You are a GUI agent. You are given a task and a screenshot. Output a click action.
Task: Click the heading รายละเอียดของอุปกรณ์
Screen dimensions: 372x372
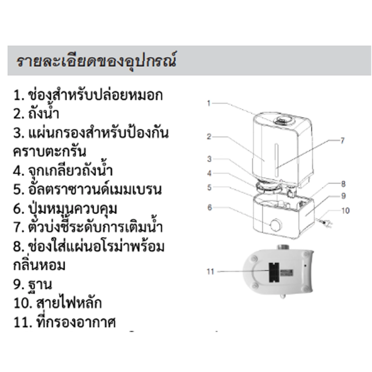click(97, 61)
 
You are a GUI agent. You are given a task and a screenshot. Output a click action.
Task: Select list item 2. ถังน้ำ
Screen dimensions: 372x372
click(36, 113)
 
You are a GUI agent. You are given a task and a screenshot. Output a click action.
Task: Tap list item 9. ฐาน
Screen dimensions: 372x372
click(32, 285)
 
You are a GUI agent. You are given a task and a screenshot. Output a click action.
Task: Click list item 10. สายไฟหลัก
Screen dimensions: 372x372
click(58, 303)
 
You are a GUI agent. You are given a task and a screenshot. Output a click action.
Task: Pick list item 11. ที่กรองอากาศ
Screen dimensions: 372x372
click(64, 322)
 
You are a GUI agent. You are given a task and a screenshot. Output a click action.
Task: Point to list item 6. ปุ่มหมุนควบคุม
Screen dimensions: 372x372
click(65, 209)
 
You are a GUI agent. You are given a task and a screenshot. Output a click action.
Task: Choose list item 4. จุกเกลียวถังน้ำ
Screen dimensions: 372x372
click(63, 171)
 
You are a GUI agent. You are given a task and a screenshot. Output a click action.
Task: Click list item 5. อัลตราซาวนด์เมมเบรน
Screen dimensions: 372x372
click(87, 189)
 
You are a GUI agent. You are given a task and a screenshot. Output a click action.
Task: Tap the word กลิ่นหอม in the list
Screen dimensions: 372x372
click(39, 265)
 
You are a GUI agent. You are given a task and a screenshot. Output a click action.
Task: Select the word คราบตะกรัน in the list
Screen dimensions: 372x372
click(49, 151)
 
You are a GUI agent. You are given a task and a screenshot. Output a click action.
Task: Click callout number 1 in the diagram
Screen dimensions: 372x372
click(209, 103)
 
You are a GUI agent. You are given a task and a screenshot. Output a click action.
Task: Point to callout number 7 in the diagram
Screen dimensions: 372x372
click(342, 141)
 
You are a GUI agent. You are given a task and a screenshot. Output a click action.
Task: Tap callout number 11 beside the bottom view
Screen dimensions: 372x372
click(211, 272)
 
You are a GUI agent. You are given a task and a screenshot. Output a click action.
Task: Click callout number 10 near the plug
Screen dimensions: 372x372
click(346, 211)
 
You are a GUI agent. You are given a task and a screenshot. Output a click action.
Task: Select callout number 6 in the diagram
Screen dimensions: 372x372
click(209, 208)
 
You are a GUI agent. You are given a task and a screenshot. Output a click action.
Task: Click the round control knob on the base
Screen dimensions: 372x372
click(276, 225)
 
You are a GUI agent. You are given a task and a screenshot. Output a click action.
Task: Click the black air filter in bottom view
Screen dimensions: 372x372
click(274, 272)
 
